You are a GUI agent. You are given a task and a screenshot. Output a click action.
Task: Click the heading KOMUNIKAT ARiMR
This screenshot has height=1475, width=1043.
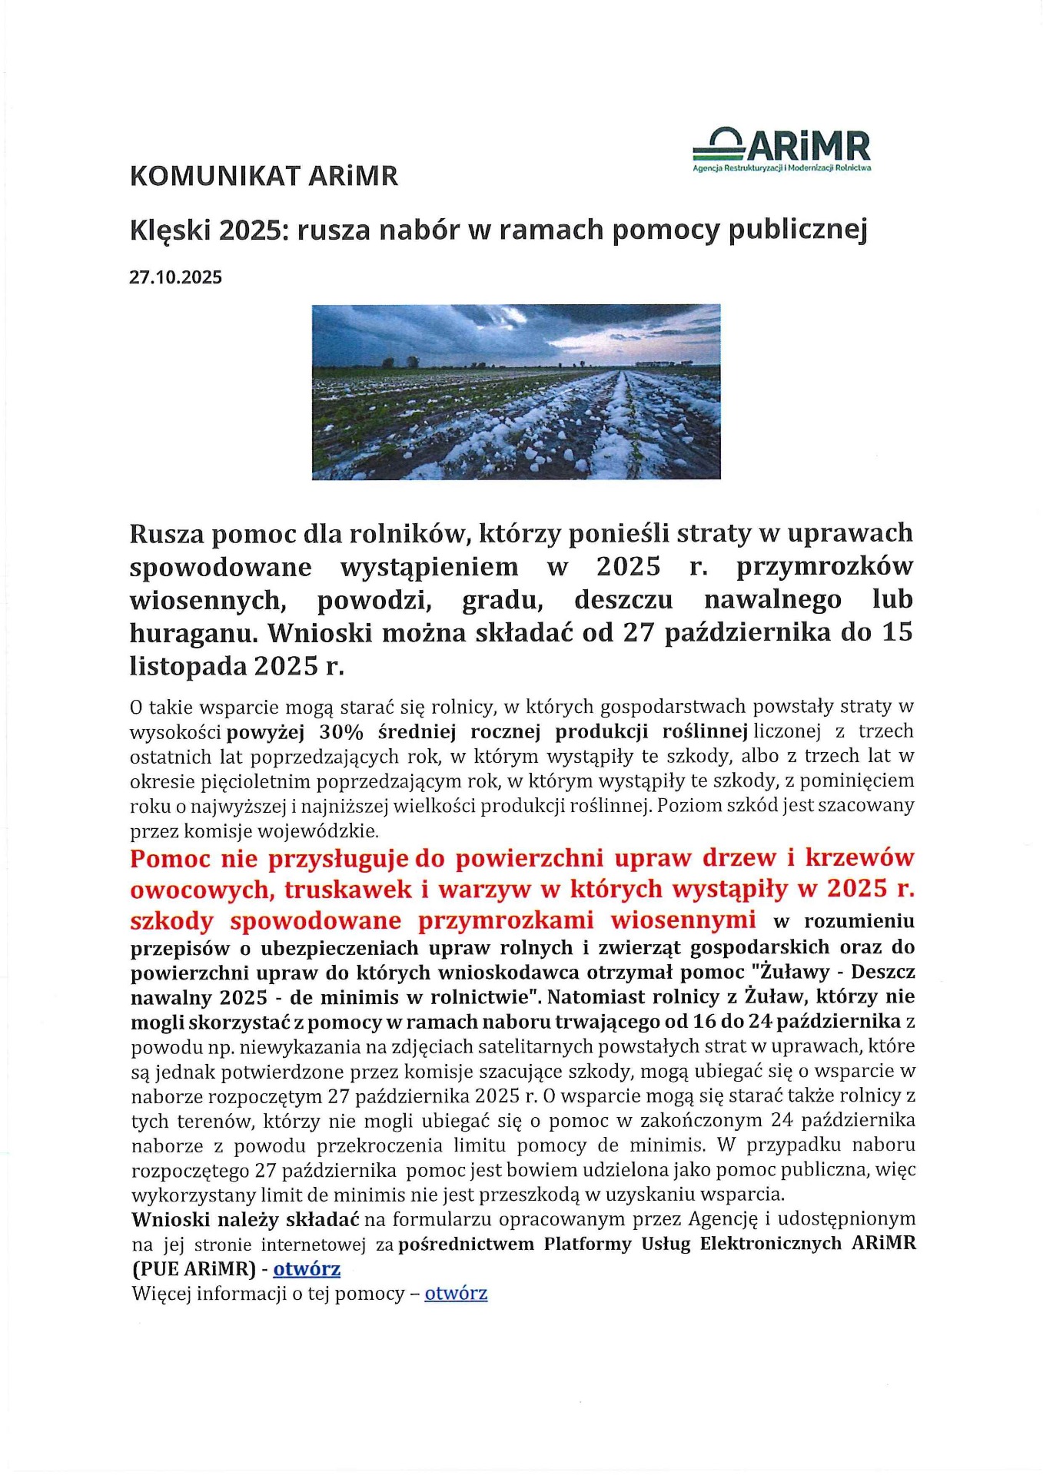264,176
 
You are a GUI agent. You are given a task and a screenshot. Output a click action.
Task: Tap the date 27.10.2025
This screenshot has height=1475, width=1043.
175,277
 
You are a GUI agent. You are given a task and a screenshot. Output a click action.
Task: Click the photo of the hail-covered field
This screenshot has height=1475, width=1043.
516,392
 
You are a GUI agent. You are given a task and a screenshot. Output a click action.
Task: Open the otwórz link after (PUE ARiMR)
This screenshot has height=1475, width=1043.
307,1268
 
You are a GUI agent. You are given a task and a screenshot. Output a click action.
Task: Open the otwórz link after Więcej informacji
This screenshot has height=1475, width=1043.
456,1293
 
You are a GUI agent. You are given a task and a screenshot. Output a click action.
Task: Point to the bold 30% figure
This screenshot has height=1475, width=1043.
341,731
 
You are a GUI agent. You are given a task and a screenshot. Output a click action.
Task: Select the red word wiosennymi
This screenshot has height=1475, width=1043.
683,920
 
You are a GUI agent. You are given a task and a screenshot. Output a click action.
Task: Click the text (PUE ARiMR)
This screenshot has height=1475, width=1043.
193,1268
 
